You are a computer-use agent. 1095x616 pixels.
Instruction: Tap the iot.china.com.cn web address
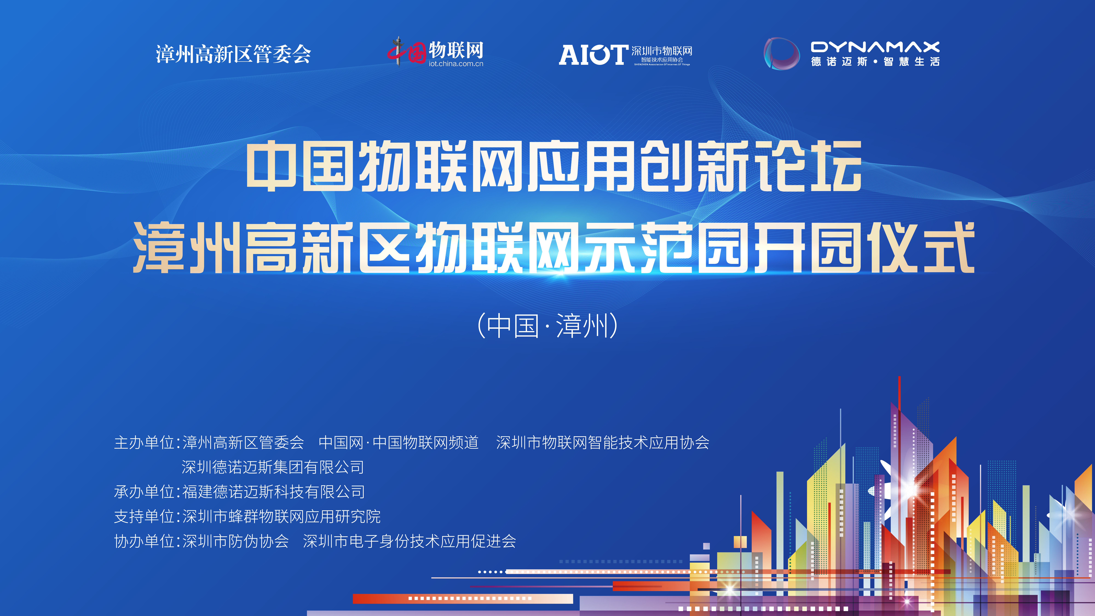[456, 64]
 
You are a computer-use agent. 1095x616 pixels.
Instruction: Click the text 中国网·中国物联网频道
[399, 443]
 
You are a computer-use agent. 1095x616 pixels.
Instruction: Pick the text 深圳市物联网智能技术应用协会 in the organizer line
[603, 443]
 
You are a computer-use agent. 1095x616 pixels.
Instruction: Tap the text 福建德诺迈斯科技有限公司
[273, 492]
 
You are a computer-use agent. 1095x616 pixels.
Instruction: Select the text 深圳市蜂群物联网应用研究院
[281, 516]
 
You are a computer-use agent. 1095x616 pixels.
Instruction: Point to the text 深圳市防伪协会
[235, 541]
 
